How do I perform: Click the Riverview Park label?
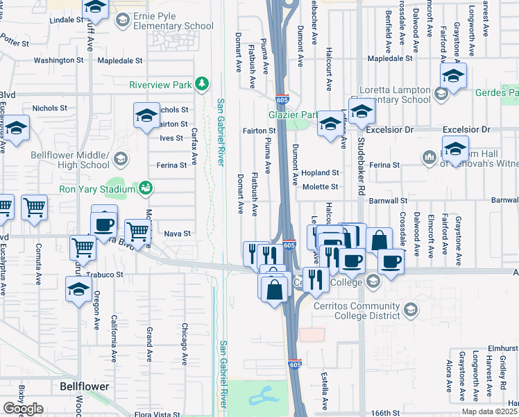(x=160, y=85)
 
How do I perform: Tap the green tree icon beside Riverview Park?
(x=202, y=84)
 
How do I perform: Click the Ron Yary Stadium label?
(x=96, y=189)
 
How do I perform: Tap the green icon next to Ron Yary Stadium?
(x=146, y=188)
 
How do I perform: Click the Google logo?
(x=23, y=409)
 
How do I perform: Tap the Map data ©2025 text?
(x=490, y=411)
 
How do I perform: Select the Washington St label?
(x=58, y=60)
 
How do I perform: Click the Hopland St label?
(x=320, y=172)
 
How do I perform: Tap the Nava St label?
(x=177, y=234)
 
